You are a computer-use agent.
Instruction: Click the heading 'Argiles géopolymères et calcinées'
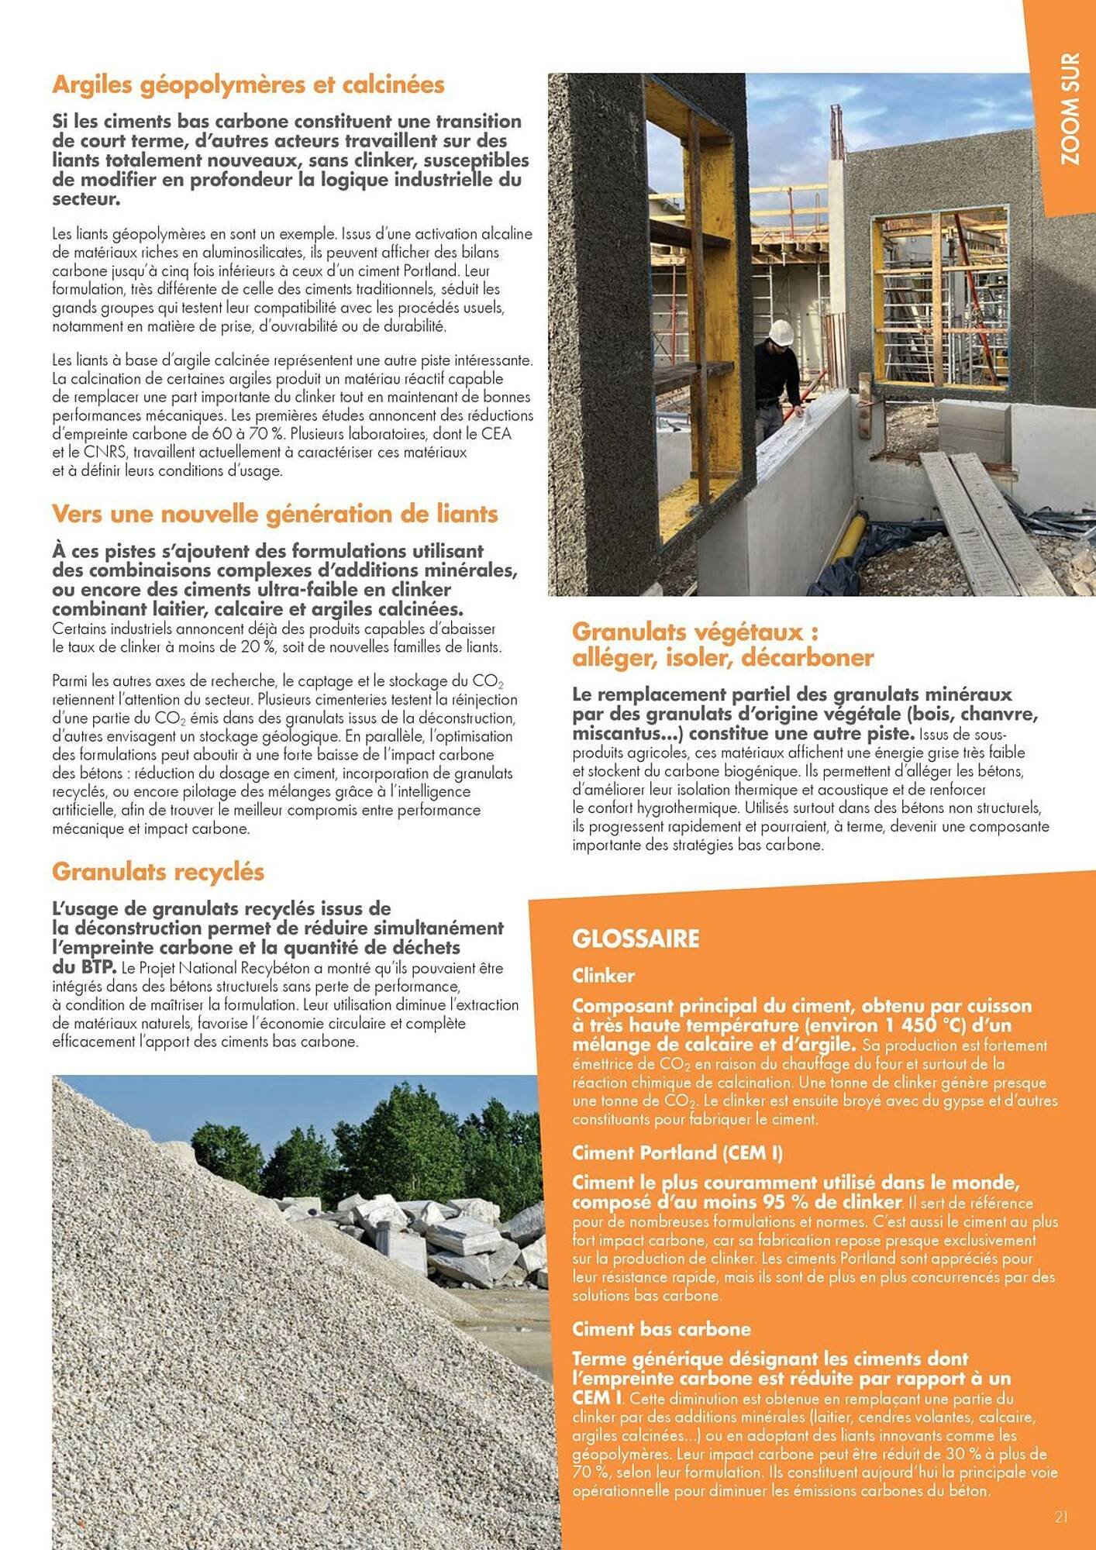pos(248,84)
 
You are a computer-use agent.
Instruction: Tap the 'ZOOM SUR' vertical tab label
pos(1070,109)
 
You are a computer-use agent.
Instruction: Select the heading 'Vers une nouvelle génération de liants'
pos(274,514)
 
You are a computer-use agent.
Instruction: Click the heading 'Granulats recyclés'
pos(158,872)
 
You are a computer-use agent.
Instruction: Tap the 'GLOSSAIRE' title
pos(636,939)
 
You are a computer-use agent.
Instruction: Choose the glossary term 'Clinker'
pos(603,976)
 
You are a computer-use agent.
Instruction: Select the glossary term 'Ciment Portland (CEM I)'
pos(677,1153)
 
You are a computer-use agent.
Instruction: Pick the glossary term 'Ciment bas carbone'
pos(661,1329)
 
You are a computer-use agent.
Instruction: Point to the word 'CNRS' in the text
pos(92,453)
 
